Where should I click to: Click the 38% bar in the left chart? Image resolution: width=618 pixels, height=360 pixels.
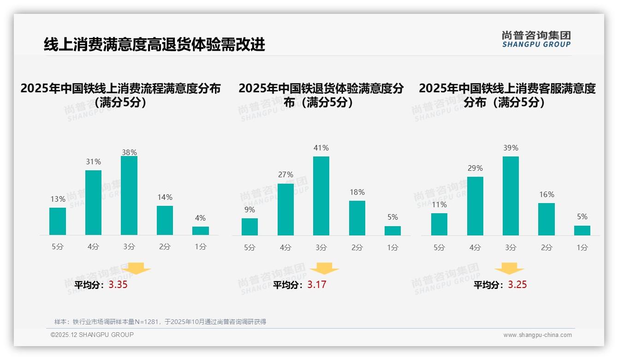[129, 196]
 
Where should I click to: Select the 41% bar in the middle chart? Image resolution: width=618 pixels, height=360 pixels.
[321, 196]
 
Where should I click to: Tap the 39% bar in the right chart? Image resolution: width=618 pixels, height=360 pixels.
[511, 196]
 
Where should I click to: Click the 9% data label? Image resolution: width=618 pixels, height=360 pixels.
[250, 210]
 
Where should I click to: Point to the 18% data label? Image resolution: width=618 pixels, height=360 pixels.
[357, 192]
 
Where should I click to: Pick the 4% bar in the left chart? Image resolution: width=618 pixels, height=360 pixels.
[201, 231]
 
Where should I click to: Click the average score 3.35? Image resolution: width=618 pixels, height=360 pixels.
[118, 285]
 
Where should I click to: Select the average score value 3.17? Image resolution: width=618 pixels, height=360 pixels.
[317, 285]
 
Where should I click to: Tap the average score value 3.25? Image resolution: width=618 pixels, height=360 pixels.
[517, 285]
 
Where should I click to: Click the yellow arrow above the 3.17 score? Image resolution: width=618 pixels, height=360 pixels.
[324, 269]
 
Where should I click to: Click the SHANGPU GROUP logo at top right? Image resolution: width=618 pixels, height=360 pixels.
[536, 39]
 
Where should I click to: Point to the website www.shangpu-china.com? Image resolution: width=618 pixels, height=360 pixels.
[537, 335]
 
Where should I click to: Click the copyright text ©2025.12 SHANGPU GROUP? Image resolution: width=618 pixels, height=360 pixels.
[92, 335]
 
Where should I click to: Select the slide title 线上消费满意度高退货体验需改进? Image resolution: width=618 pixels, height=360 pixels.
[154, 45]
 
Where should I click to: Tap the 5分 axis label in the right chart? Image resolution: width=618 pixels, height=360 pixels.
[439, 247]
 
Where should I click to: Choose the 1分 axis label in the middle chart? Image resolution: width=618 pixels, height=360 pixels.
[392, 247]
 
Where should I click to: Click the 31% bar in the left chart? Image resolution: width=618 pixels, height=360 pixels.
[94, 203]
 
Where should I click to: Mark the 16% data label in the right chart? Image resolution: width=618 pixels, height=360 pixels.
[547, 194]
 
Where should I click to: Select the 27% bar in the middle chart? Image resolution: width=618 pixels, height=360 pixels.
[285, 210]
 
